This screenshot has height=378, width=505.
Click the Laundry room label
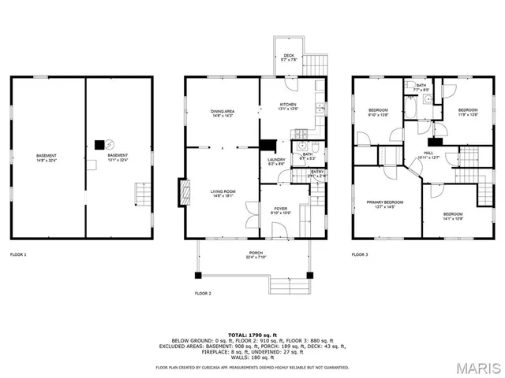point(276,161)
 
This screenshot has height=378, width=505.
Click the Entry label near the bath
point(317,173)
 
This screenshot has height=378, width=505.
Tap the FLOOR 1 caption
point(18,254)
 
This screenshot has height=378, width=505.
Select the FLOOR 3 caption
point(360,254)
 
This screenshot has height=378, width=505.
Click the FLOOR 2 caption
point(204,293)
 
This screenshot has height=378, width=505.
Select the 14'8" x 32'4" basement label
point(46,158)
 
